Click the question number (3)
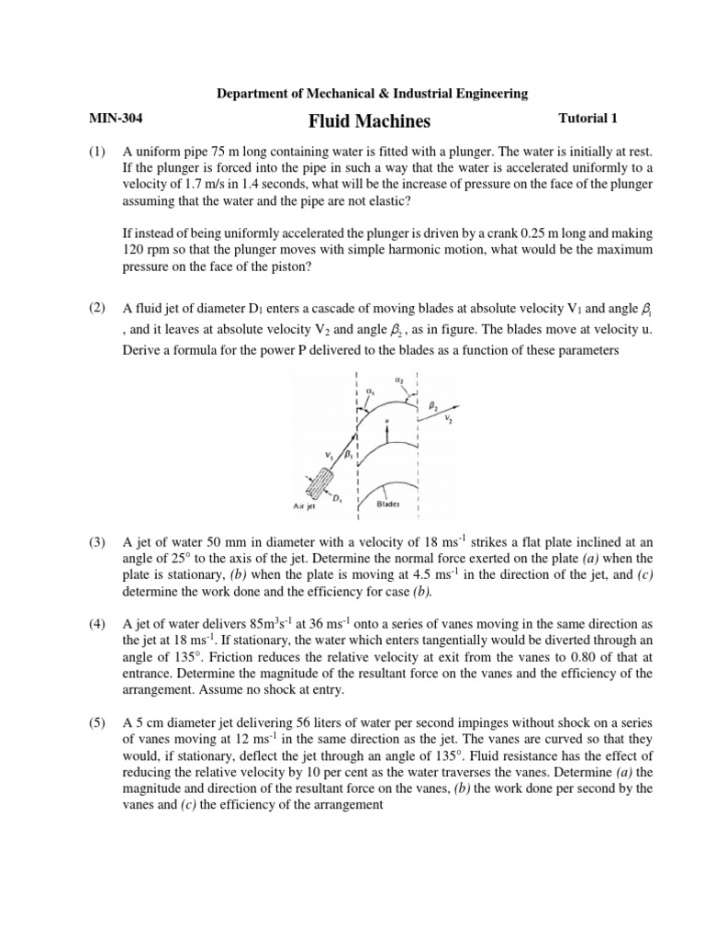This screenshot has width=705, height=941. click(98, 543)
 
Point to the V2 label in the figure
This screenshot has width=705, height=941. click(449, 419)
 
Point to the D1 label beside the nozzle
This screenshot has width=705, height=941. click(338, 497)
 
